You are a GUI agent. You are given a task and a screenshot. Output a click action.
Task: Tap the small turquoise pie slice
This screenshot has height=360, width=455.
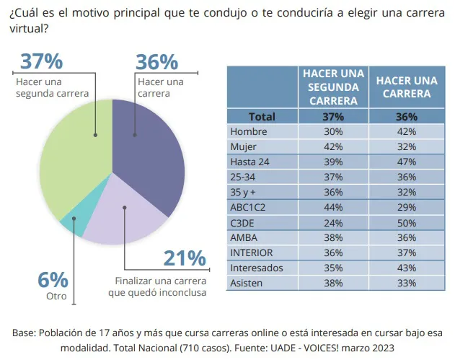click(x=75, y=225)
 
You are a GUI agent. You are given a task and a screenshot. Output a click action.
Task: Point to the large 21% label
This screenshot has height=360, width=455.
click(x=185, y=259)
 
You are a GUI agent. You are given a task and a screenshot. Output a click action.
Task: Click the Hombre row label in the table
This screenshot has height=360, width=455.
click(x=248, y=131)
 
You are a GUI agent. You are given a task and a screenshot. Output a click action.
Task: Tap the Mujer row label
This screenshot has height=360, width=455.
click(x=243, y=146)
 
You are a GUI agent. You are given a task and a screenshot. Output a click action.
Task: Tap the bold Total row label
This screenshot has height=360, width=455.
click(x=262, y=116)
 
